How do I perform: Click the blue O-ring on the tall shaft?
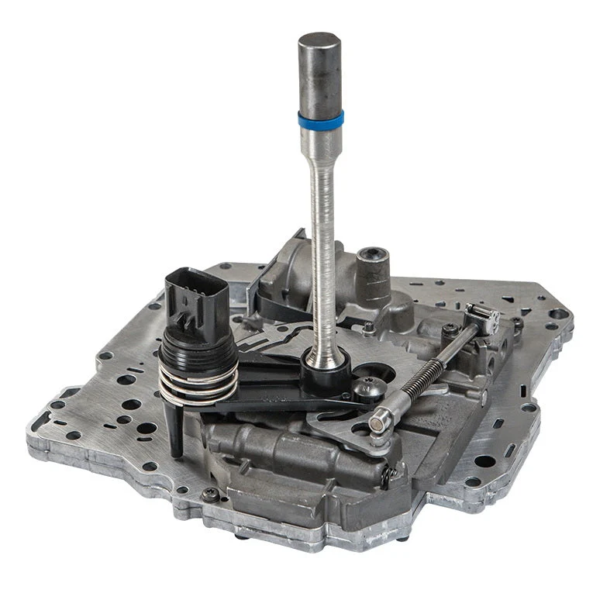320,120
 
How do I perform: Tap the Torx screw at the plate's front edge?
208,495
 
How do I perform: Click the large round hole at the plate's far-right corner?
558,314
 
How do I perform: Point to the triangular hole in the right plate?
508,298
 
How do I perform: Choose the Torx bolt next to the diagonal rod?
450,330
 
